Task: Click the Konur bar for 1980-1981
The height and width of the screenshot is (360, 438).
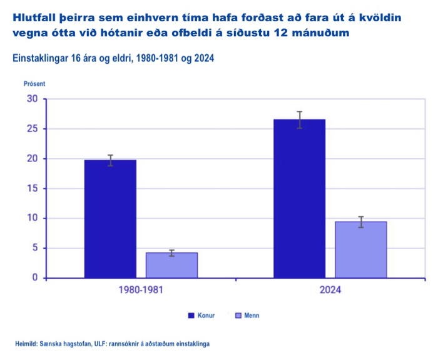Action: tap(110, 219)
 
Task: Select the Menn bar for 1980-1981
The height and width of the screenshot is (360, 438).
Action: tap(171, 265)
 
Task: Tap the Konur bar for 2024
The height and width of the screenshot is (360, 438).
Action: tap(299, 198)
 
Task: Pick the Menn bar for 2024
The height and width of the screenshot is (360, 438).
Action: tap(360, 249)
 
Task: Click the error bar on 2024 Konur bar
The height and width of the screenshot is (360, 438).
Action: tap(299, 120)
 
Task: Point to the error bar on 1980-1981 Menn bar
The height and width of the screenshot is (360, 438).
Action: tap(171, 253)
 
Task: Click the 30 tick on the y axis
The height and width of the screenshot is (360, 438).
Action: tap(32, 99)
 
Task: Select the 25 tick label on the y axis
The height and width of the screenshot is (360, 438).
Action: tap(32, 129)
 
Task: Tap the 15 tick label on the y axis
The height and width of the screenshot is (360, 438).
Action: tap(32, 188)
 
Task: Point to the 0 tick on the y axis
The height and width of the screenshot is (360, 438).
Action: tap(35, 278)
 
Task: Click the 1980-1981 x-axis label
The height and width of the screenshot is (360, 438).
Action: tap(141, 291)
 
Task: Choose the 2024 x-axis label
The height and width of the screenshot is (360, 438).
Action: tap(330, 291)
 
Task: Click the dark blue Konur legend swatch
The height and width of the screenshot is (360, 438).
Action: tap(191, 316)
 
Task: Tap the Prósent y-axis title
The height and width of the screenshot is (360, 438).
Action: tap(34, 83)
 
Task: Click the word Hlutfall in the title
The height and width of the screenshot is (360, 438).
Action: tap(35, 18)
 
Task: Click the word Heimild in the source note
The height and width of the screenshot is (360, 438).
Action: tap(28, 344)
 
